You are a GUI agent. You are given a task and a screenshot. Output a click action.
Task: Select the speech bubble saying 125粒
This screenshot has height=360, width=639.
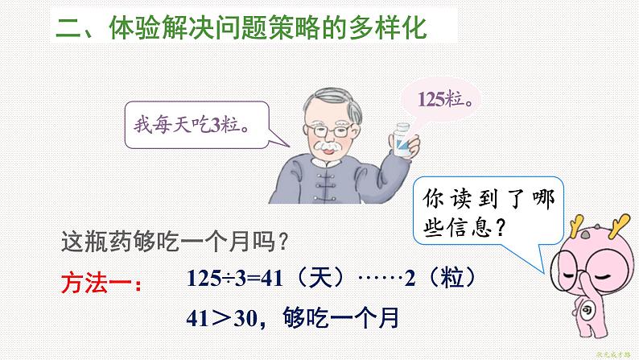pos(446,101)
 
